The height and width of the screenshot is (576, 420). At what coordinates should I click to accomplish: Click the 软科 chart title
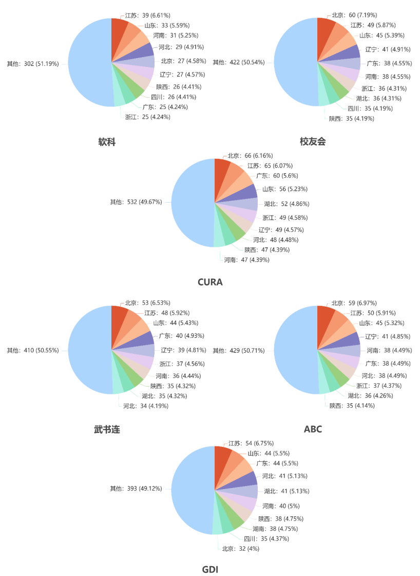pos(107,142)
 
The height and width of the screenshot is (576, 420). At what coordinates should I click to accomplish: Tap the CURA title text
pos(210,282)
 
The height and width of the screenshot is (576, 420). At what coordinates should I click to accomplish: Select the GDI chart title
pos(210,569)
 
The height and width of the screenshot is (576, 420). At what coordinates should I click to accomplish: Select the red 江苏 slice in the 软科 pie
pos(119,27)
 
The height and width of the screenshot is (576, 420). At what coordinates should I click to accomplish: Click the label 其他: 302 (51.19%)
pos(32,64)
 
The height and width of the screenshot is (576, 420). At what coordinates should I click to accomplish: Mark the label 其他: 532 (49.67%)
pos(136,202)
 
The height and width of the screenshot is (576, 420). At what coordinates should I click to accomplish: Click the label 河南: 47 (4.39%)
pos(246,260)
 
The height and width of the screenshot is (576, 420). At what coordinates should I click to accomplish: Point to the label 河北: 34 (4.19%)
pos(145,406)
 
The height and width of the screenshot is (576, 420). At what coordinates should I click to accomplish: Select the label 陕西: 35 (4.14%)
pos(351,406)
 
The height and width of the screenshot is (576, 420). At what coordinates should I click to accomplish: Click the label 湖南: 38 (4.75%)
pos(275,529)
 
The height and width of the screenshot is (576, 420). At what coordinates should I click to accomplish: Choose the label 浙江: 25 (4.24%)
pos(148,117)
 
